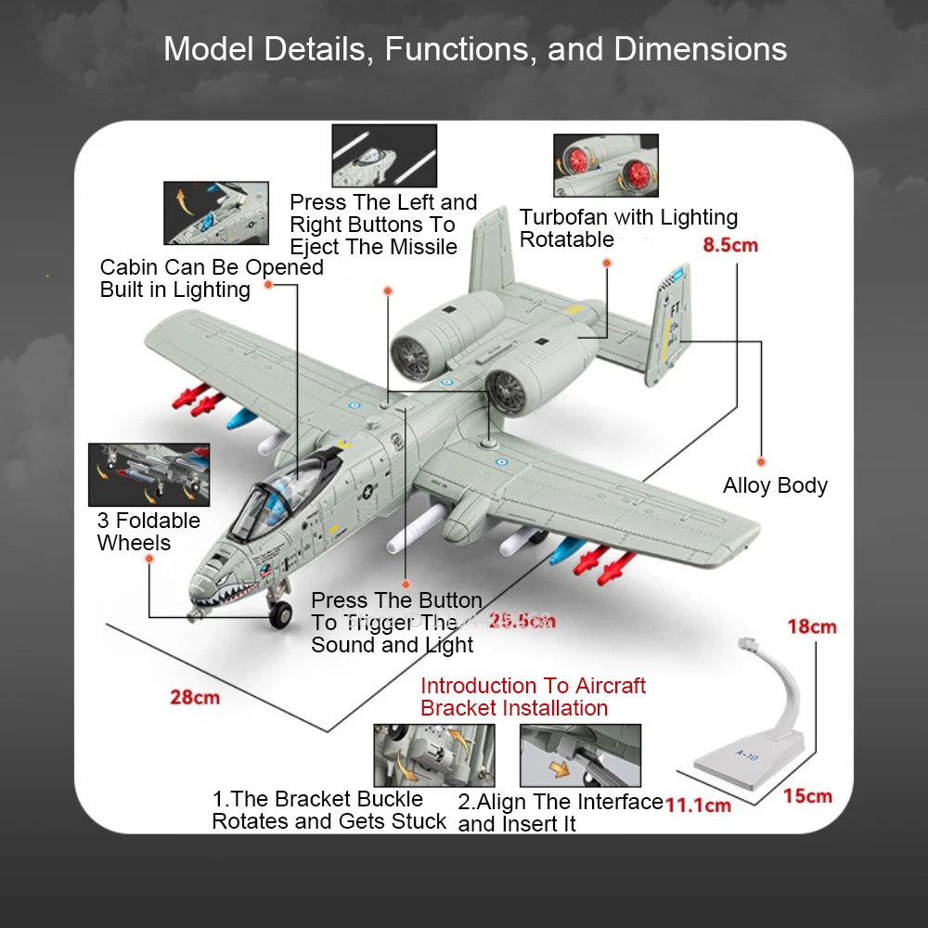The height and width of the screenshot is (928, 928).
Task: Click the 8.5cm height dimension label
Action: [x=730, y=246]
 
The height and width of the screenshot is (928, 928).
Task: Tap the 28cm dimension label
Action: [x=195, y=696]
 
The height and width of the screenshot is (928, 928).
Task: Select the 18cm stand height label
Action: [x=812, y=626]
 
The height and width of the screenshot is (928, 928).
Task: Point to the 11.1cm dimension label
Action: [x=697, y=805]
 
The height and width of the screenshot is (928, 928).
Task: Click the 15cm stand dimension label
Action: [x=806, y=795]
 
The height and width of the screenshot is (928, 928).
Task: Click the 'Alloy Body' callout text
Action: [x=775, y=485]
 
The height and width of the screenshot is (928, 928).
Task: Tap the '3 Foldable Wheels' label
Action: [x=148, y=532]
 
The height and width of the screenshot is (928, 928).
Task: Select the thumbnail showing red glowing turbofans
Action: [x=605, y=165]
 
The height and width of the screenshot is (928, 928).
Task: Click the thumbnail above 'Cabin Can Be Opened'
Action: [x=216, y=213]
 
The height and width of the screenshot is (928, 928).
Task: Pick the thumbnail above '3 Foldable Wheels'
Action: [x=148, y=474]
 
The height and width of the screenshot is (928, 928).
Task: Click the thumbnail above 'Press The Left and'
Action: [x=384, y=156]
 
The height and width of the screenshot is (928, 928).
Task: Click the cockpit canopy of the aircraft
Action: [x=269, y=501]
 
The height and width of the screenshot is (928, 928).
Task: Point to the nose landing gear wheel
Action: [x=278, y=612]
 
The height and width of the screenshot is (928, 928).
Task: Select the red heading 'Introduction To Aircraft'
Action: [x=533, y=686]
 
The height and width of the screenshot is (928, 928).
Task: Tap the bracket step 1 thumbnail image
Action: [x=433, y=754]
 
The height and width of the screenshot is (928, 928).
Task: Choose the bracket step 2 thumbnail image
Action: [x=580, y=754]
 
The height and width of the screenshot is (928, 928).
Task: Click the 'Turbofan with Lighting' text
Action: [x=628, y=217]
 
